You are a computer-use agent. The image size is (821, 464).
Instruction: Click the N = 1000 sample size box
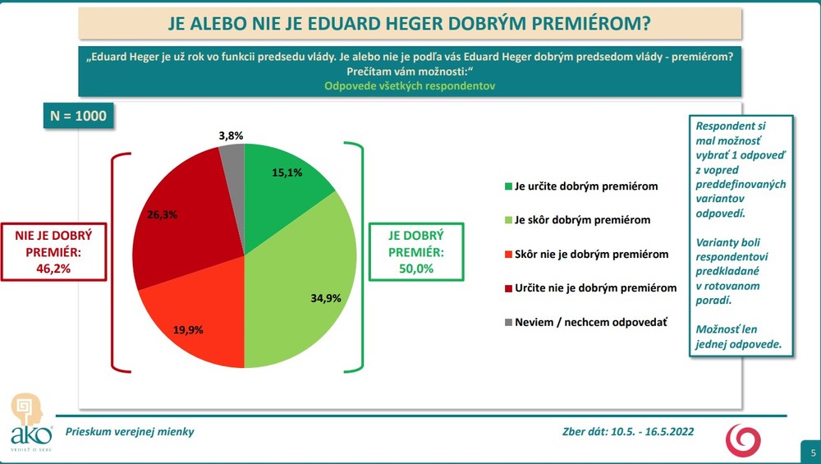pyautogui.click(x=78, y=116)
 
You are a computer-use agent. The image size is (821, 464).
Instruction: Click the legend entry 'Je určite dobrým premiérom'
pyautogui.click(x=585, y=186)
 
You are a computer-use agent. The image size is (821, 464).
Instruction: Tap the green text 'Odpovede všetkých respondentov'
pyautogui.click(x=409, y=85)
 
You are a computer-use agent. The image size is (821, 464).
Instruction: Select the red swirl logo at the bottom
pyautogui.click(x=743, y=439)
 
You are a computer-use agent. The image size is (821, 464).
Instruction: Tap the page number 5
pyautogui.click(x=811, y=453)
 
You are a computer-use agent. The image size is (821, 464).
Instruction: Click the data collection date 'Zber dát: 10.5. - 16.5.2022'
pyautogui.click(x=623, y=431)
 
